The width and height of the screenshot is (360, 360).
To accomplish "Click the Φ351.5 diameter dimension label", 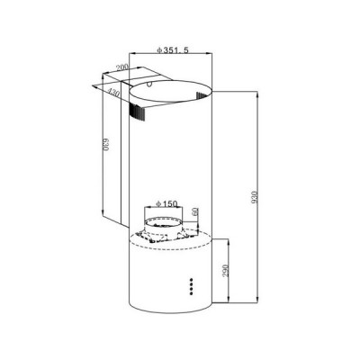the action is (x=173, y=49).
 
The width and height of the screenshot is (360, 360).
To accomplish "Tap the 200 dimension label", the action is (x=122, y=67).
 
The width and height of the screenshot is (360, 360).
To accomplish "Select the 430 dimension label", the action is (x=113, y=93).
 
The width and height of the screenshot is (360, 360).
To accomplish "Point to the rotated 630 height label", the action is (x=105, y=145).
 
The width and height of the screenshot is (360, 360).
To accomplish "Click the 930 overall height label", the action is (x=255, y=197).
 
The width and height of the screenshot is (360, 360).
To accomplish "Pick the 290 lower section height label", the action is (x=226, y=271).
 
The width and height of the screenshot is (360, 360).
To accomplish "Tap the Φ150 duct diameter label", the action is (x=166, y=204).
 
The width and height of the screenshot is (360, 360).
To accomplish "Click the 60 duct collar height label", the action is (x=194, y=211).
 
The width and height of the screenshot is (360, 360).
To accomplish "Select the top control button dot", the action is (x=191, y=280).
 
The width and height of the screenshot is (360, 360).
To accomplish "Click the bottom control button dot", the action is (x=191, y=293).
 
